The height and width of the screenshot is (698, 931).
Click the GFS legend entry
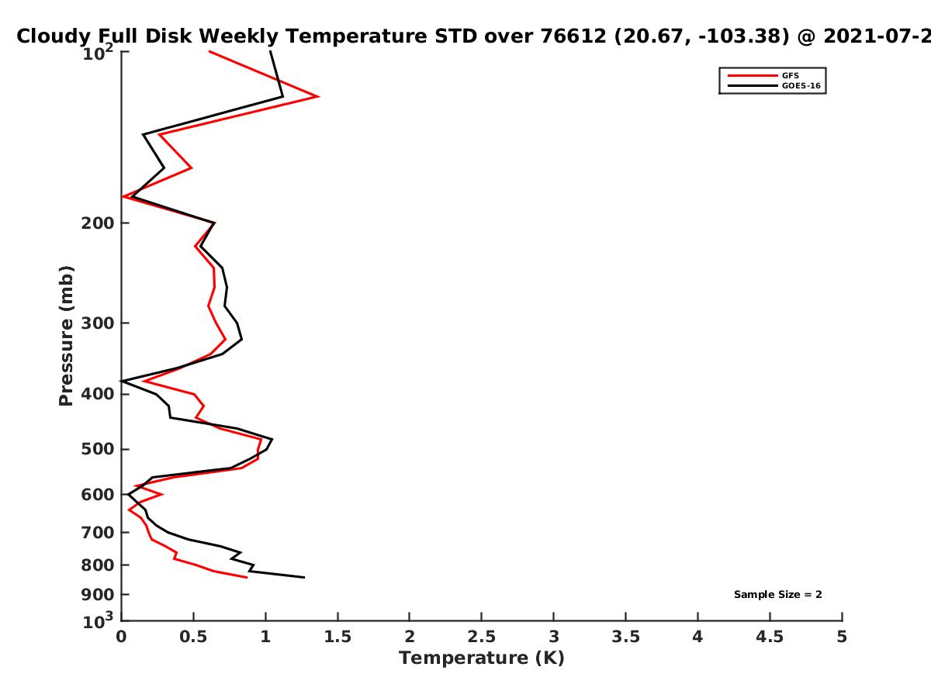point(790,75)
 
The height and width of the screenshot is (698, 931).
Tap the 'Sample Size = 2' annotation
point(778,594)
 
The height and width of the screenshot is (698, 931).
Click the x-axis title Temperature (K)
point(482,658)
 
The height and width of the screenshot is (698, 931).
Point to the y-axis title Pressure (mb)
point(66,336)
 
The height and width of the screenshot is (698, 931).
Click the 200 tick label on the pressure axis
point(98,223)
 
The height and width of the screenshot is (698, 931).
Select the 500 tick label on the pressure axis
point(98,449)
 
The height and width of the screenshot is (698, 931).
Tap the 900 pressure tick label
point(98,595)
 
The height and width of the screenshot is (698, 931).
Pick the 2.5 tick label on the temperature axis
point(482,637)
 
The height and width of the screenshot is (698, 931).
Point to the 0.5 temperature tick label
point(193,637)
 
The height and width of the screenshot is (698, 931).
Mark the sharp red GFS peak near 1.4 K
point(318,96)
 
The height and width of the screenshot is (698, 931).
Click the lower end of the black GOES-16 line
point(305,577)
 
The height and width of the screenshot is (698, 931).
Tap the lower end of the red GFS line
point(247,577)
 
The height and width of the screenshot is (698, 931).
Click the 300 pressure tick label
point(98,323)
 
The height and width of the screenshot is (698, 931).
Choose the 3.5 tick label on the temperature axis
point(625,637)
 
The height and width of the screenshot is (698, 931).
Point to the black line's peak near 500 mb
point(272,439)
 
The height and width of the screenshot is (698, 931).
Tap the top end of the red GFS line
point(209,52)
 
